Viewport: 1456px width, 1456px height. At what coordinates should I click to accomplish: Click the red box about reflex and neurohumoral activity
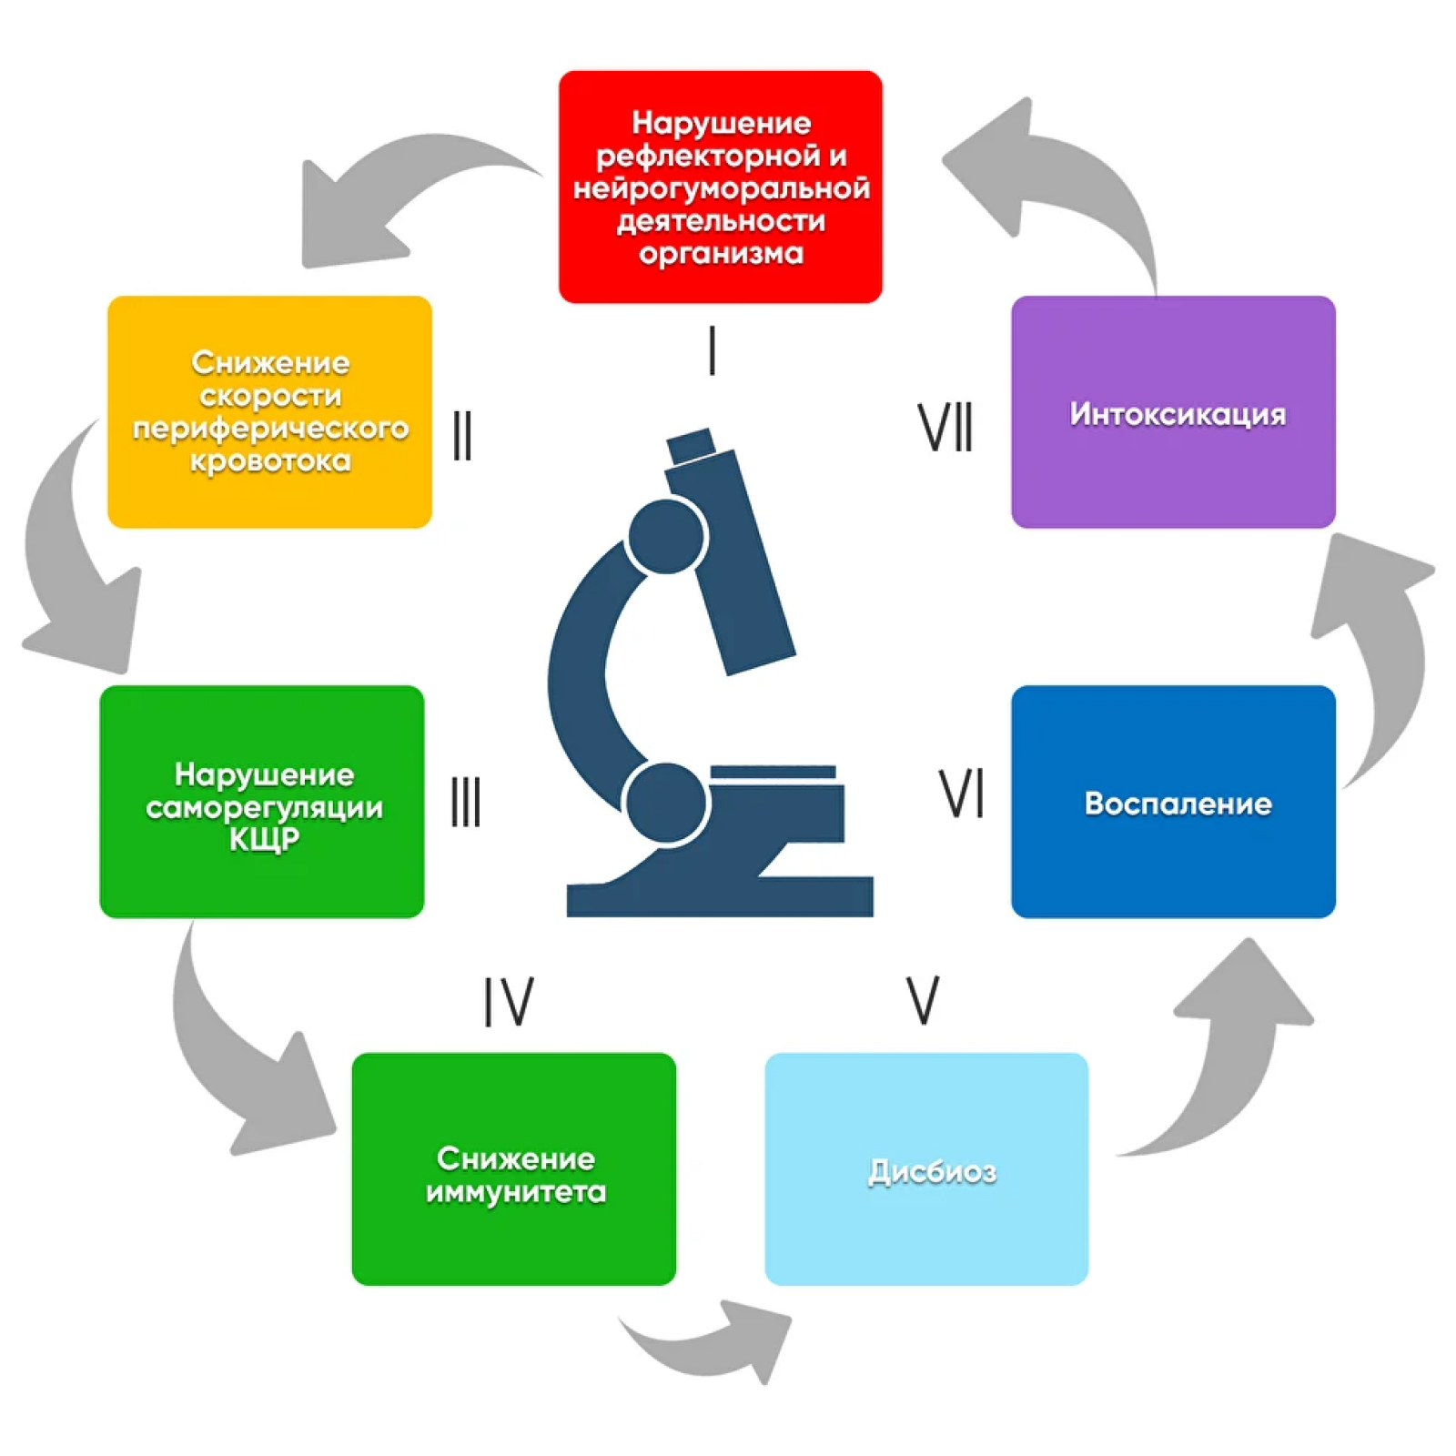click(720, 187)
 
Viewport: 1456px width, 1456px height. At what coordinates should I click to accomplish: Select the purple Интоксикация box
click(1173, 411)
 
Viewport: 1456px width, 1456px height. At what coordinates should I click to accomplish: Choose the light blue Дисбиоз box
click(926, 1168)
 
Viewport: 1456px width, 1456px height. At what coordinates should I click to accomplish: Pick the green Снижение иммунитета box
click(513, 1168)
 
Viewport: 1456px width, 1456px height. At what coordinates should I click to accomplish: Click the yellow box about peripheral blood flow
click(269, 411)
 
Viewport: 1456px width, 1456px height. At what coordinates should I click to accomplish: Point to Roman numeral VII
click(945, 427)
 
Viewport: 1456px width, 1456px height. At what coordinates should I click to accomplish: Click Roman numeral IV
click(508, 1002)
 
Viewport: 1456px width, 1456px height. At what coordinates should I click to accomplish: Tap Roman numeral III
click(466, 802)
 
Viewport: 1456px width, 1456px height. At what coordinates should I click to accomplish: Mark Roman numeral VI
click(961, 794)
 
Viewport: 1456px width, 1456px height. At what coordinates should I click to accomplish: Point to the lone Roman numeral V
click(923, 1000)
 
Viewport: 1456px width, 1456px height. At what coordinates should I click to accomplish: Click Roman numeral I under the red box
click(713, 350)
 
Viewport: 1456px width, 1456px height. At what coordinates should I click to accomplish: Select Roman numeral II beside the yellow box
click(462, 435)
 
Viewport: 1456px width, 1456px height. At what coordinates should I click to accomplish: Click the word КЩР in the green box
click(264, 839)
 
